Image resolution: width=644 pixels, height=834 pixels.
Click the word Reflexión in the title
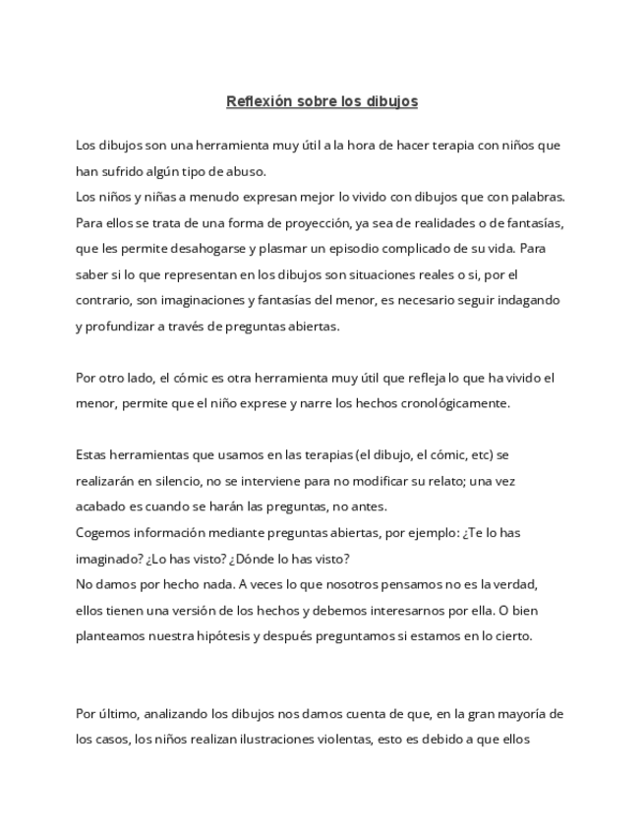tap(260, 100)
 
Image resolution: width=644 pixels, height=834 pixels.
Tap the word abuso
tap(243, 170)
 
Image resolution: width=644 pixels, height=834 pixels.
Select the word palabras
tap(533, 196)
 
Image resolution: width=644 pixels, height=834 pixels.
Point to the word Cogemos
tap(101, 531)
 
